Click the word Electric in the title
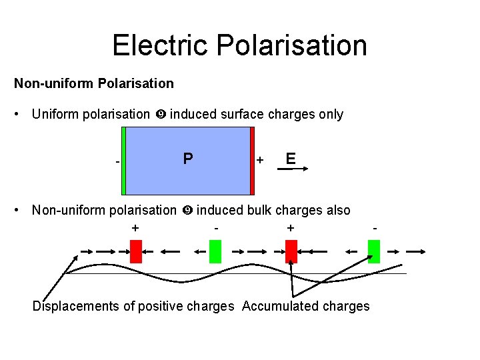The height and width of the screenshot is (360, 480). tap(154, 45)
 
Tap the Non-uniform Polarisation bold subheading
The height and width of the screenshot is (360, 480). tap(94, 83)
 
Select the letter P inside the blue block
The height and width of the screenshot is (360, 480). tap(188, 158)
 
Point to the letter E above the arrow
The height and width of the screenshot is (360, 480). tap(291, 158)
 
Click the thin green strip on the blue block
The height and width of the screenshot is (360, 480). tap(124, 160)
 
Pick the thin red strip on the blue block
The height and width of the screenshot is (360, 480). tap(252, 160)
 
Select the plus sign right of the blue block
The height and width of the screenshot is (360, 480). tap(260, 160)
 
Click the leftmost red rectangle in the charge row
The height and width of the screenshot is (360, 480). tap(136, 251)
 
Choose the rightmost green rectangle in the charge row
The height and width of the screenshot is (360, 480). tap(374, 251)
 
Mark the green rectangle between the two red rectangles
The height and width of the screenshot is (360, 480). tap(215, 251)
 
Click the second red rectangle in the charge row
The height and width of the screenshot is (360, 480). tap(291, 251)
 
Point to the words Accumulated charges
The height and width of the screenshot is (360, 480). tap(305, 306)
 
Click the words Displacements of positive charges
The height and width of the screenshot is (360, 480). tap(133, 306)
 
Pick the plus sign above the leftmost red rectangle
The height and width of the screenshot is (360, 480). tap(135, 228)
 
